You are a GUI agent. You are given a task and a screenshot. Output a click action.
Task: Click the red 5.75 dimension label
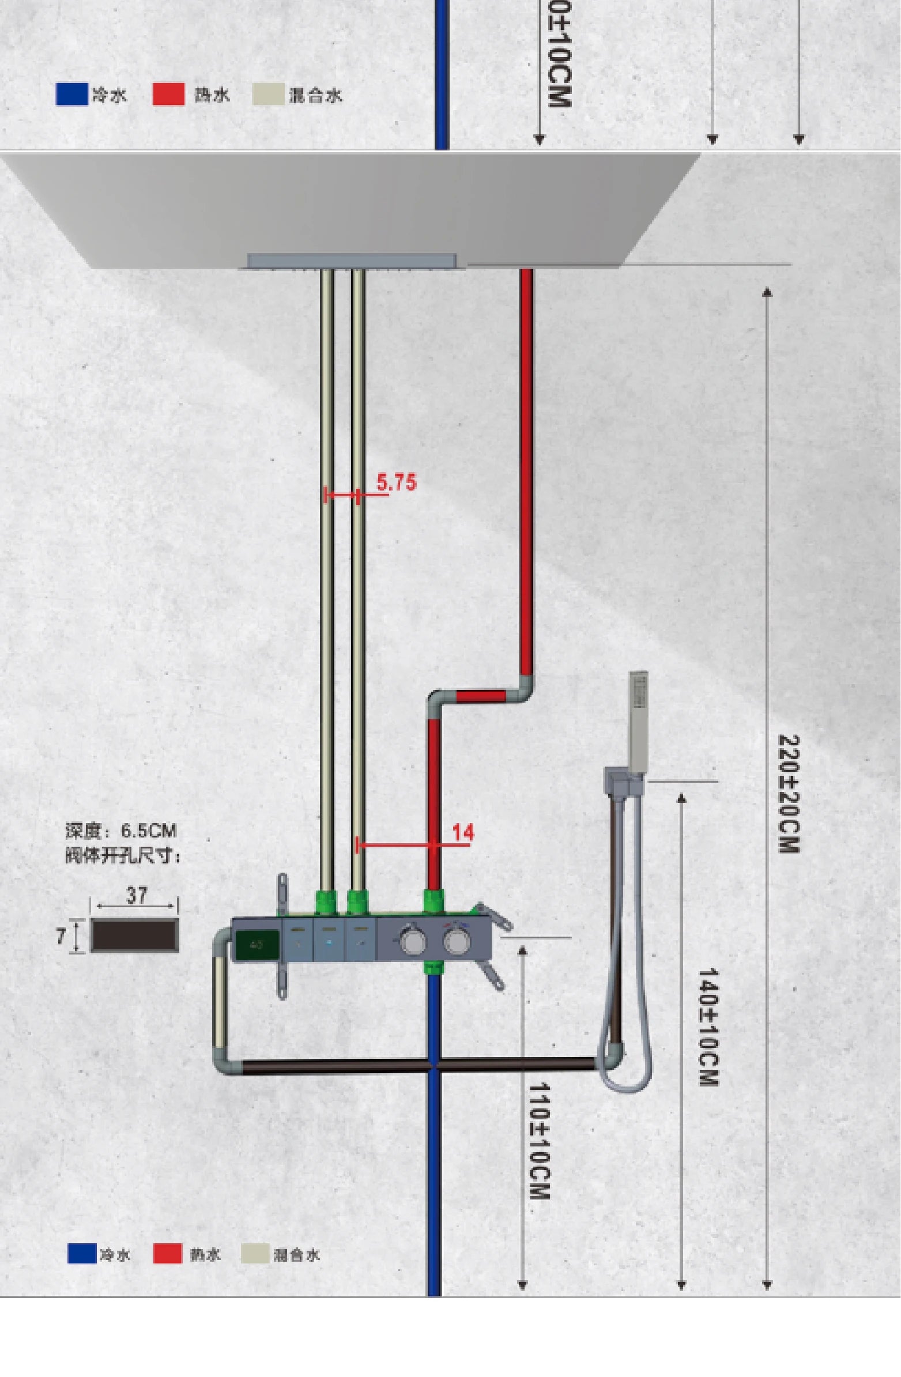click(x=397, y=482)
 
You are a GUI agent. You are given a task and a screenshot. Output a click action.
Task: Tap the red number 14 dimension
click(x=463, y=832)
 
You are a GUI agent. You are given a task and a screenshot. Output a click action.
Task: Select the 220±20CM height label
click(x=788, y=794)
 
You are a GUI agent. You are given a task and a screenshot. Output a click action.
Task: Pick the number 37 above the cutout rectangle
click(x=137, y=895)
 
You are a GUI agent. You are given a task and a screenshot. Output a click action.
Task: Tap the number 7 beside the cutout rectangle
click(x=61, y=935)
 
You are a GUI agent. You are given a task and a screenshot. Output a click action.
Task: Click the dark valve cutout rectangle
click(x=135, y=935)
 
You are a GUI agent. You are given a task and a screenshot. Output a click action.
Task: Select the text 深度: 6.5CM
click(x=120, y=831)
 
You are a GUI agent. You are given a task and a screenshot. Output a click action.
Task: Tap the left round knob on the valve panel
click(x=412, y=941)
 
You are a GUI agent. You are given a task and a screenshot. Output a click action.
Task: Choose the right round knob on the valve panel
click(x=455, y=941)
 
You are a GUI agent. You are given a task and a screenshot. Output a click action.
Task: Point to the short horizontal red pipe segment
click(x=481, y=695)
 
